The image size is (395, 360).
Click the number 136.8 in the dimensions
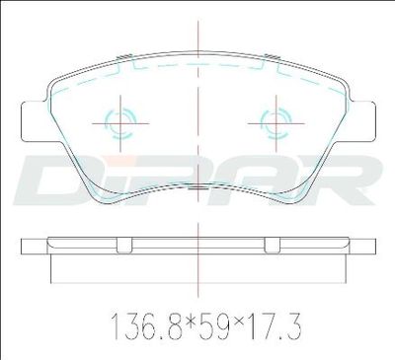[146, 325]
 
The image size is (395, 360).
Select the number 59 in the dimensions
[216, 325]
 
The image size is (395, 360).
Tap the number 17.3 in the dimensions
[276, 325]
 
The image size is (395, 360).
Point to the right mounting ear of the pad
[362, 121]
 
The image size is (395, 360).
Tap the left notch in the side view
[124, 246]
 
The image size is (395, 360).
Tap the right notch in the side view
[273, 246]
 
